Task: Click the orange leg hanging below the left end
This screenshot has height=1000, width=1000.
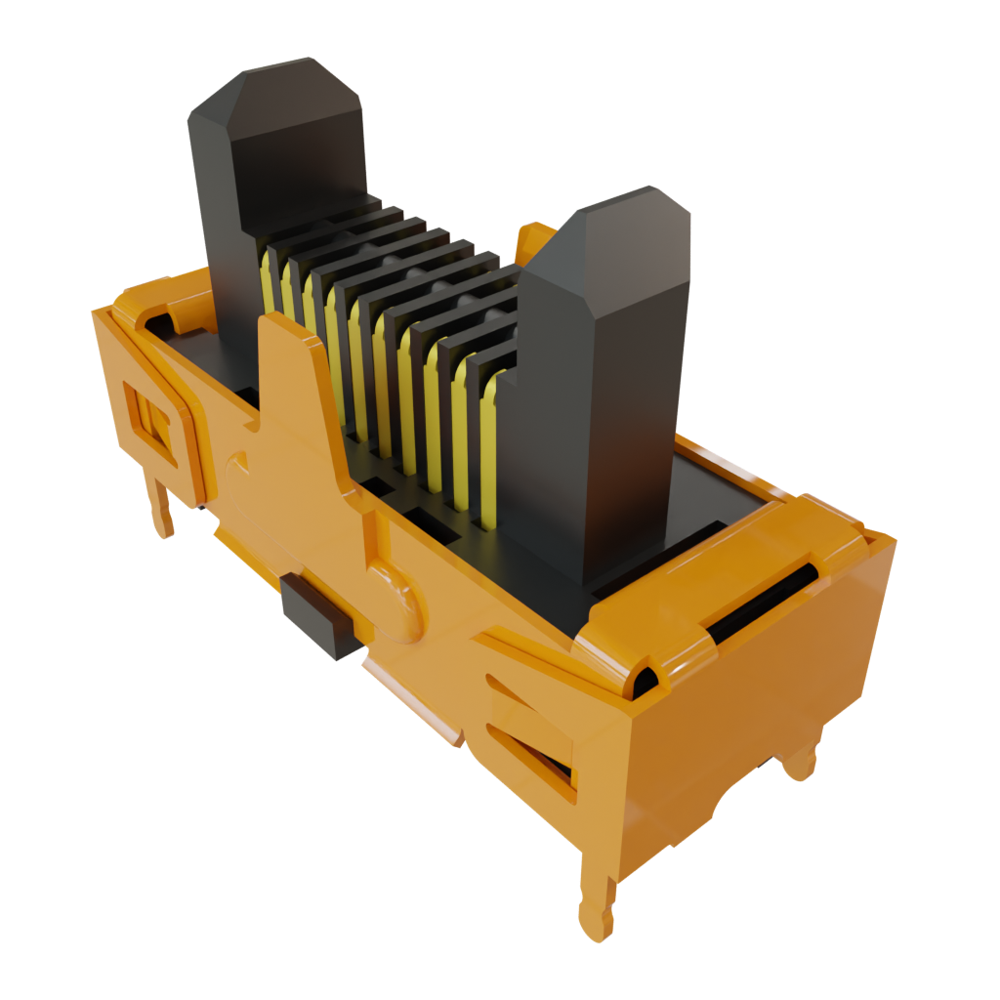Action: tap(161, 503)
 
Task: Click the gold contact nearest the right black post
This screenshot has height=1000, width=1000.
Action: tap(488, 439)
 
